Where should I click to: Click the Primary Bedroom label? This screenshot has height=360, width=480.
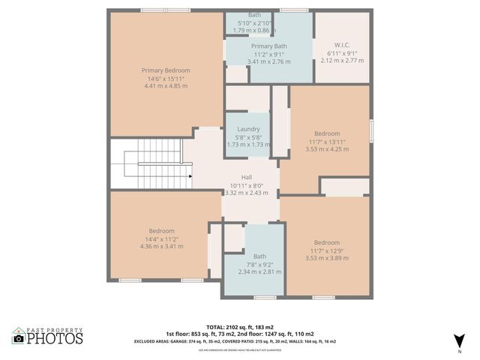click(x=166, y=70)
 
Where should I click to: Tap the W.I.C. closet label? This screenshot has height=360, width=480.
click(x=341, y=45)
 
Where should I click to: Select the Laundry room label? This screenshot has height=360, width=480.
click(x=248, y=129)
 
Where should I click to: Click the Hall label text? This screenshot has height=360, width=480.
click(x=247, y=177)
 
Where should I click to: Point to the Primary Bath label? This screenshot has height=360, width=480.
click(x=268, y=46)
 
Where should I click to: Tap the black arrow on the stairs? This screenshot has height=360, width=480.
click(x=190, y=177)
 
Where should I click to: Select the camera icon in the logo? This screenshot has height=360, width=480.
click(x=19, y=339)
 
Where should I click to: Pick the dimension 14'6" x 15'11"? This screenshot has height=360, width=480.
click(x=166, y=79)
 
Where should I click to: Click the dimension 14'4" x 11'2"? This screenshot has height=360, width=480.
click(x=161, y=238)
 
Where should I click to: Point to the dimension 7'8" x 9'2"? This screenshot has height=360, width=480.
click(x=259, y=264)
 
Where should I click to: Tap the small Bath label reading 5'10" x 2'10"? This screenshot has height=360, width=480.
click(x=255, y=22)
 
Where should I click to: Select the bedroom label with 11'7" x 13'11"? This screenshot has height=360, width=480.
click(x=327, y=133)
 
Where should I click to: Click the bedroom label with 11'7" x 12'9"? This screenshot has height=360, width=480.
click(x=327, y=242)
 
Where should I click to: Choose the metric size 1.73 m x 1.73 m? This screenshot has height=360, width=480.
click(x=248, y=144)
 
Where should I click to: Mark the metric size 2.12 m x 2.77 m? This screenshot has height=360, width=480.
click(x=341, y=60)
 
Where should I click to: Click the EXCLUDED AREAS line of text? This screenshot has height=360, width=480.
click(x=240, y=340)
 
